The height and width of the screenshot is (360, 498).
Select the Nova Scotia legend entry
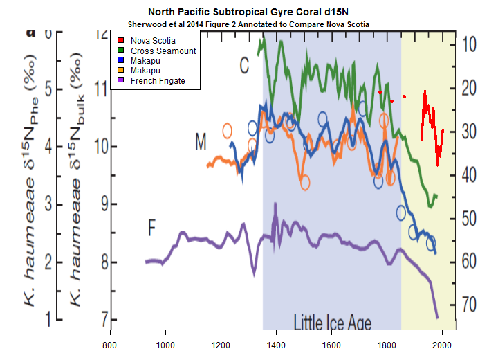(x=149, y=41)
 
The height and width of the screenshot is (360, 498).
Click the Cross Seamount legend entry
(x=158, y=51)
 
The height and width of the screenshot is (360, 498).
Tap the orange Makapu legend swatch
(x=120, y=71)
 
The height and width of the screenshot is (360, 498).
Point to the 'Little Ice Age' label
(x=332, y=323)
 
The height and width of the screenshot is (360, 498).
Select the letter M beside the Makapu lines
(x=201, y=143)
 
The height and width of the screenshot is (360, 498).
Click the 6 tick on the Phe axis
(x=49, y=35)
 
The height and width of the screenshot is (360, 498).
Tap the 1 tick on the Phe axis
(x=49, y=319)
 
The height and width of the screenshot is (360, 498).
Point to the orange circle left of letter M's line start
(x=228, y=130)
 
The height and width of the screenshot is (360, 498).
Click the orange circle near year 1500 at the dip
(x=304, y=182)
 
